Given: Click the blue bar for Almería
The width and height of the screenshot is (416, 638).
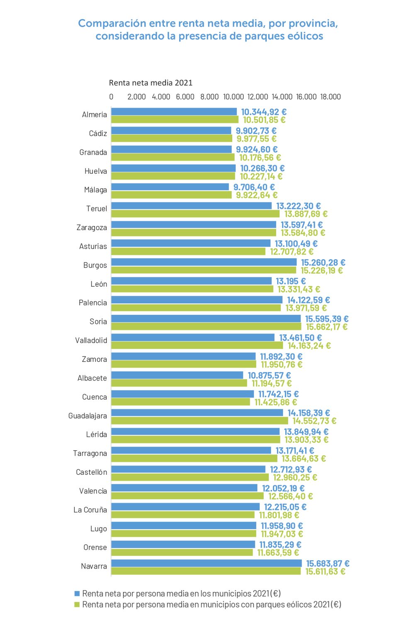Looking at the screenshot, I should (174, 112).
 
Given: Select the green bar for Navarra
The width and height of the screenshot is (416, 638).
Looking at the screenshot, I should (206, 572).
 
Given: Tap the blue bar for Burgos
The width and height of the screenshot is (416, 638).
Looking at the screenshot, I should (204, 262).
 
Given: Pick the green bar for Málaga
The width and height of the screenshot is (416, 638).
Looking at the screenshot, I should (171, 195).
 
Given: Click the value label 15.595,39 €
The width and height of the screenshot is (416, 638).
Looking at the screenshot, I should (327, 319).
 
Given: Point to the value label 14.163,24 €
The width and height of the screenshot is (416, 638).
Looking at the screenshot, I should (309, 346).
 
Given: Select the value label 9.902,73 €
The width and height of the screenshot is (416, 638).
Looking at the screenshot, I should (256, 131).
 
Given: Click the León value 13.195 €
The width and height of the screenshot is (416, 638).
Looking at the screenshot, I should (291, 281).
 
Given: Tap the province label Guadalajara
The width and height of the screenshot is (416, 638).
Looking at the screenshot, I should (88, 416).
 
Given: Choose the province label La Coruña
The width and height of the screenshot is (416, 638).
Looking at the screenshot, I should (90, 510).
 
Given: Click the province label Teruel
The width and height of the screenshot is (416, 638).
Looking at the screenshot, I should (96, 209).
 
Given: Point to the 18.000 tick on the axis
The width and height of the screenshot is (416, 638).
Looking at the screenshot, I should (331, 97).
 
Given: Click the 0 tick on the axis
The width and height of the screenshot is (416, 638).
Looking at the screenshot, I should (111, 97).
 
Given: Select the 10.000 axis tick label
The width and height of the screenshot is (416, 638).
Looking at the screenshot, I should (234, 97).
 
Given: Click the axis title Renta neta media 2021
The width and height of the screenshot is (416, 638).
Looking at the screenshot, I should (151, 83).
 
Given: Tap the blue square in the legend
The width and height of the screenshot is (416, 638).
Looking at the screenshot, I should (77, 594).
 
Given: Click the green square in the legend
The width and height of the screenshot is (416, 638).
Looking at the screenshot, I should (77, 605).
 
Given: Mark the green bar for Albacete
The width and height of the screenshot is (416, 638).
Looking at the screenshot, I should (179, 383).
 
